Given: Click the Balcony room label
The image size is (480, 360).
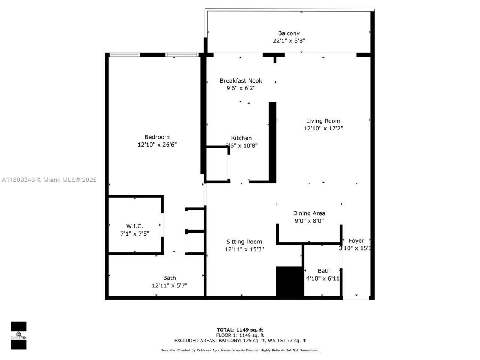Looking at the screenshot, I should coord(288,33).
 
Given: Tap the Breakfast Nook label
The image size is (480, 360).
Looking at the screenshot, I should coord(241,81).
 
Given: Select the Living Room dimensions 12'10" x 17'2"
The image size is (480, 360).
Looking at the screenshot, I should coord(323,129).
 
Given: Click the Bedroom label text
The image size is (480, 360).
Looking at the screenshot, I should coord(157,137).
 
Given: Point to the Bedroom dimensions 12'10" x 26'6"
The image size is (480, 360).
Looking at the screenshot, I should coord(157,145).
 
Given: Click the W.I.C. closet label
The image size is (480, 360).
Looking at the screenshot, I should coord(134,226).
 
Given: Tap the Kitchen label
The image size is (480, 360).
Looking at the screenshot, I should coord(241,138).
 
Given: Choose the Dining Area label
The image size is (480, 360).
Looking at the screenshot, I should coord(309,213).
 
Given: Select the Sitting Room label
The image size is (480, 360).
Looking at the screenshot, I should coord(244,242).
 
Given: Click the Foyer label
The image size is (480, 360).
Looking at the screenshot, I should coord(356,241).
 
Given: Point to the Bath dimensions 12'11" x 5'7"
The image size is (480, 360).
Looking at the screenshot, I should coord(169,285).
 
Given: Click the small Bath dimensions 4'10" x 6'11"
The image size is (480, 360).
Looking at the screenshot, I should coord(323,278).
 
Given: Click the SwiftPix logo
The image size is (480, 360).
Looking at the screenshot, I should coord(18,335).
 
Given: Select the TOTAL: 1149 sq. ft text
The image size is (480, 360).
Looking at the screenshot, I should coord(240,330).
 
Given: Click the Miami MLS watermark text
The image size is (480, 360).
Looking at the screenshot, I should coord(49,180).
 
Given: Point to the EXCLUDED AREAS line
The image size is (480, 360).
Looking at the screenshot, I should coord(240,340).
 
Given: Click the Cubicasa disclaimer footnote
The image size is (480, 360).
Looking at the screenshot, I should coord(240,350).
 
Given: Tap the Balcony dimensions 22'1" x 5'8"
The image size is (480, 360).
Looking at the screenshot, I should coord(288,41).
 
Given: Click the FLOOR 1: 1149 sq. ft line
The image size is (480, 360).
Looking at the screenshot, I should coord(240,335).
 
